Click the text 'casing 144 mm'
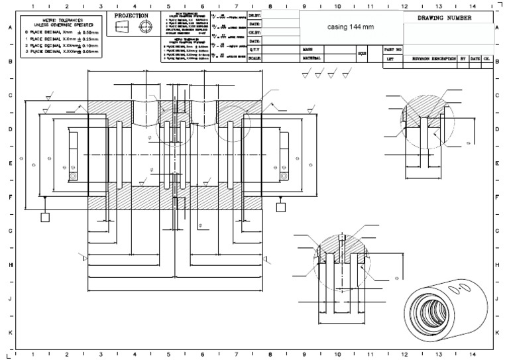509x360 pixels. (351, 27)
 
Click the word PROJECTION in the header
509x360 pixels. (131, 15)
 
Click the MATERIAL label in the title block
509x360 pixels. (312, 58)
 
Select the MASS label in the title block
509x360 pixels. (308, 49)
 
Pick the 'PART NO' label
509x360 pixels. (393, 49)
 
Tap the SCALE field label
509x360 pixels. (256, 58)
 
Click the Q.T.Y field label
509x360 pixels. (256, 49)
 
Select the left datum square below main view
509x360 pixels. (45, 217)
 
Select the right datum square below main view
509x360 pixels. (281, 206)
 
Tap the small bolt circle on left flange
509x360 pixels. (73, 176)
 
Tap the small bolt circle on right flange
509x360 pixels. (283, 176)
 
